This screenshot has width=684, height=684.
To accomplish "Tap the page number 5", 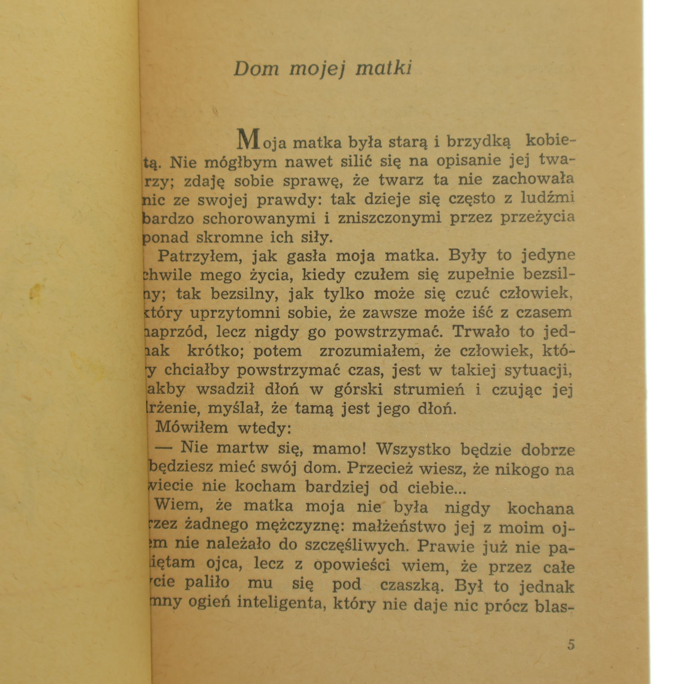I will click(571, 645).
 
